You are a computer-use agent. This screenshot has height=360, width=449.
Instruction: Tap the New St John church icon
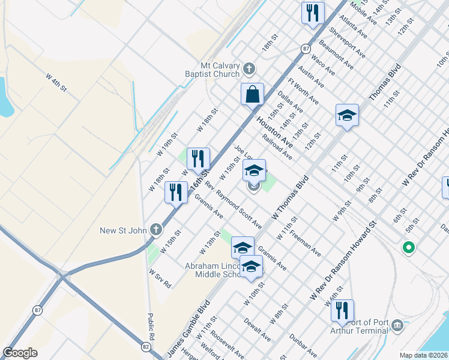[156, 229]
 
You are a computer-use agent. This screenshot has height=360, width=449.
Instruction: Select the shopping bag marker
[253, 94]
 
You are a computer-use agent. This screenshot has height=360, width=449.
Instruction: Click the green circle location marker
[409, 247]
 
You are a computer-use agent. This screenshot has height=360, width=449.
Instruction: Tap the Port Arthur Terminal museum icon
[397, 326]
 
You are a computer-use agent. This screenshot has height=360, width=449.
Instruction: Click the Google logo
[20, 353]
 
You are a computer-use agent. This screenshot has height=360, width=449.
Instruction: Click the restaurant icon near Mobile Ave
[312, 13]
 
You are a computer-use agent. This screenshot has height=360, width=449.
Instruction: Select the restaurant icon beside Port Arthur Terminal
[342, 311]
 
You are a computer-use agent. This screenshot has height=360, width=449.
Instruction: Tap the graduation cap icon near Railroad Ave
[347, 115]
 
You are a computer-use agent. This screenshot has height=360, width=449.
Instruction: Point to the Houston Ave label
[275, 133]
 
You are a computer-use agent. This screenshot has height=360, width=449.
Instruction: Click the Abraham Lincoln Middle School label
[201, 269]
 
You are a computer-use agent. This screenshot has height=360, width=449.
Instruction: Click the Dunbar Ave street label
[303, 343]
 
